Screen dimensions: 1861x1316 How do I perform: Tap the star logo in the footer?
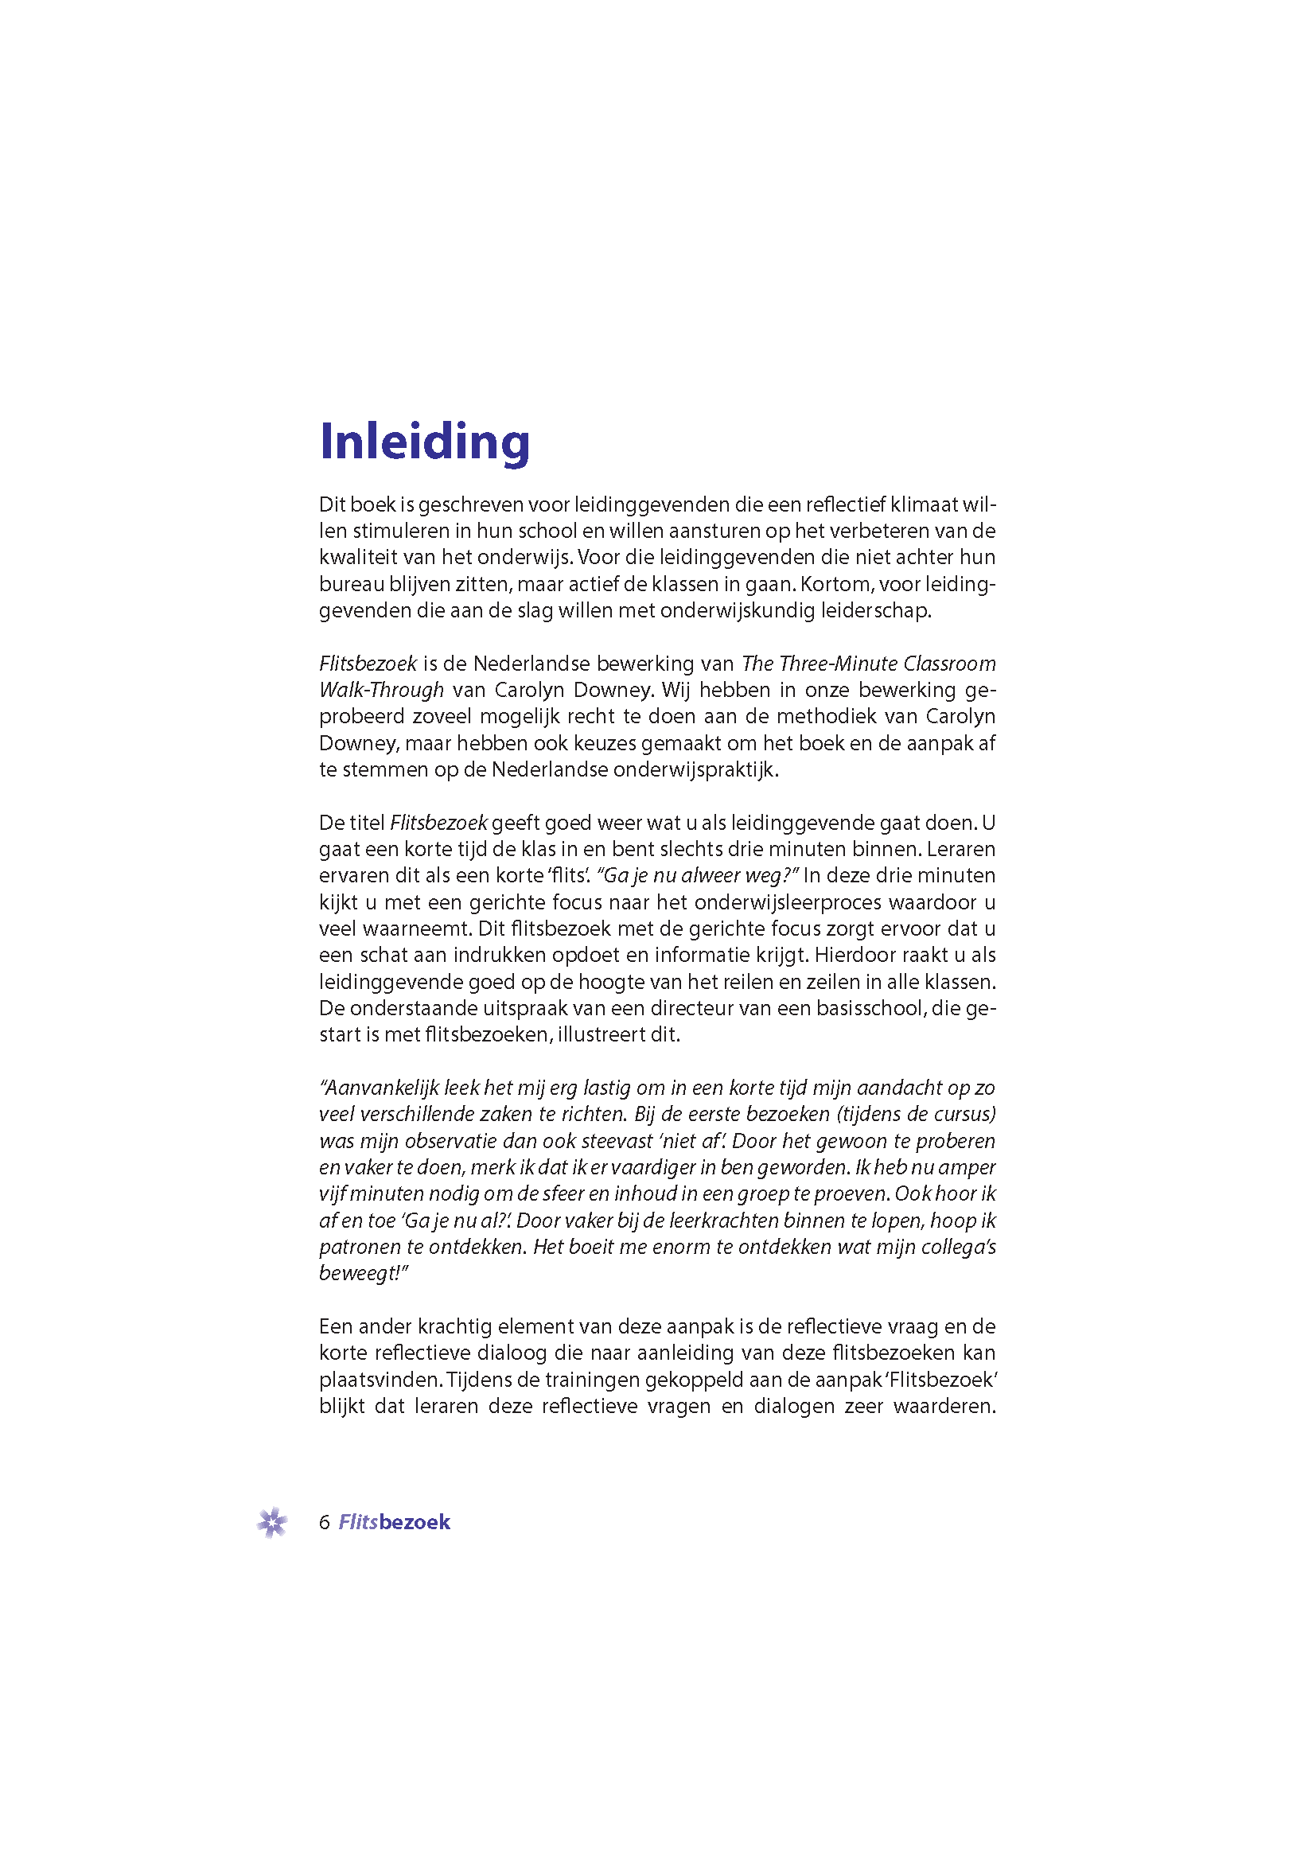coord(272,1522)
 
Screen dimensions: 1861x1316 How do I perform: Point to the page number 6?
coord(324,1522)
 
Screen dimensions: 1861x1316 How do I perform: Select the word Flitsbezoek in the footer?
coord(394,1522)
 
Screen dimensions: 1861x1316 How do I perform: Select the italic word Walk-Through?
coord(381,691)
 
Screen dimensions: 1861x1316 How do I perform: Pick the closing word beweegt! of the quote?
coord(362,1273)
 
